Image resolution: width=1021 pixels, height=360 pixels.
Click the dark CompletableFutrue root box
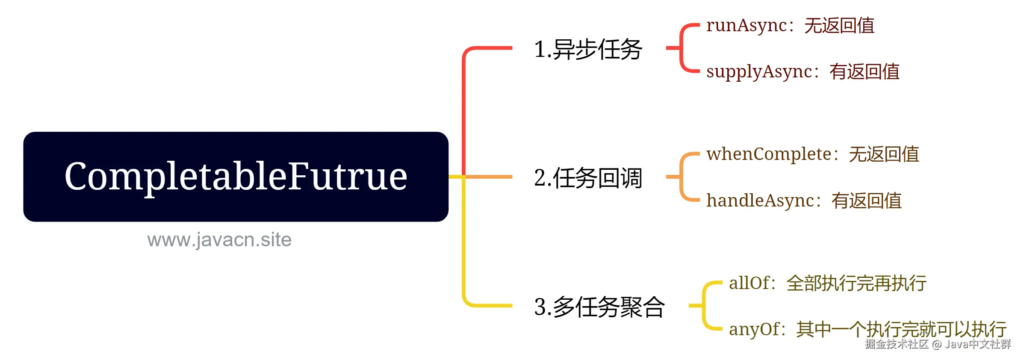coord(236,177)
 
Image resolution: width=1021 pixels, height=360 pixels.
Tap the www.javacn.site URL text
coord(219,240)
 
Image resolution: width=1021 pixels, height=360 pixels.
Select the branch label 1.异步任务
coord(588,49)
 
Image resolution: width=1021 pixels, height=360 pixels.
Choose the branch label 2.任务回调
coord(588,178)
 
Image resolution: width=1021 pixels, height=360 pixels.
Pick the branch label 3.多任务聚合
coord(599,307)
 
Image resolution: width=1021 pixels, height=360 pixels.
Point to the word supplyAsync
coord(759,71)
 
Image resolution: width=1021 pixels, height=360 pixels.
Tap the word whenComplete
coord(768,154)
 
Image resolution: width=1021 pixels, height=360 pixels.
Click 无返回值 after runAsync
coord(839,25)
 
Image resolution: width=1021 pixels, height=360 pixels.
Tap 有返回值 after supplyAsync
coord(865,71)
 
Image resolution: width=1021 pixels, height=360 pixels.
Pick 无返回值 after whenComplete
coord(884,154)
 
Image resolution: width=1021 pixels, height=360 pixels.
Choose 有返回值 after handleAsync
coord(866,201)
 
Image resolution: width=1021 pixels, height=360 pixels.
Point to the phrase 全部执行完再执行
coord(856,283)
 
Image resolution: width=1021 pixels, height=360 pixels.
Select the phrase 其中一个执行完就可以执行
coord(901,329)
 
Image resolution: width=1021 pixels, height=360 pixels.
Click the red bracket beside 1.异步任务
coord(681,48)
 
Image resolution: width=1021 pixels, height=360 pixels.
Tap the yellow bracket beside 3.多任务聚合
coord(704,306)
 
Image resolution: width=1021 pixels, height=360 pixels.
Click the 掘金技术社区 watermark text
coord(897,344)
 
